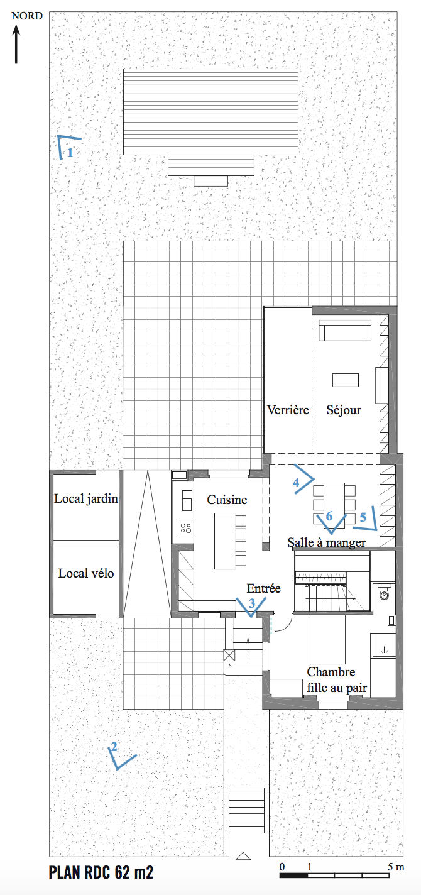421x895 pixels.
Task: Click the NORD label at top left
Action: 27,16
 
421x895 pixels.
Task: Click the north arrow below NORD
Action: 16,44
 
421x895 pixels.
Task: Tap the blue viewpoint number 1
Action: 70,153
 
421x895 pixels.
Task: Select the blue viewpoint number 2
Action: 114,747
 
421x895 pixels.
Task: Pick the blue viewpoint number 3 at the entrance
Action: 251,603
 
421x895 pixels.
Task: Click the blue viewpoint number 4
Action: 296,483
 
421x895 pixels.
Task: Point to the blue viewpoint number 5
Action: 363,517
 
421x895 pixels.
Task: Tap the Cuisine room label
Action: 227,500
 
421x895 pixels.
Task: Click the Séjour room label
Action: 344,410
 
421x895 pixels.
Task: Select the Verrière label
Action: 288,410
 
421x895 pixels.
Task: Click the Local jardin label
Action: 86,499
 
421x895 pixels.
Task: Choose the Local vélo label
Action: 86,573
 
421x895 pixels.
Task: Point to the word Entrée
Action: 263,588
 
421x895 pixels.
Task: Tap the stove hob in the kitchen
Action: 186,528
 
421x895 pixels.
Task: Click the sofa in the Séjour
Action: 345,331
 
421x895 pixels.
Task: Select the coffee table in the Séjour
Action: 346,380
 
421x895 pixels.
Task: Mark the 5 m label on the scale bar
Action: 396,867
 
